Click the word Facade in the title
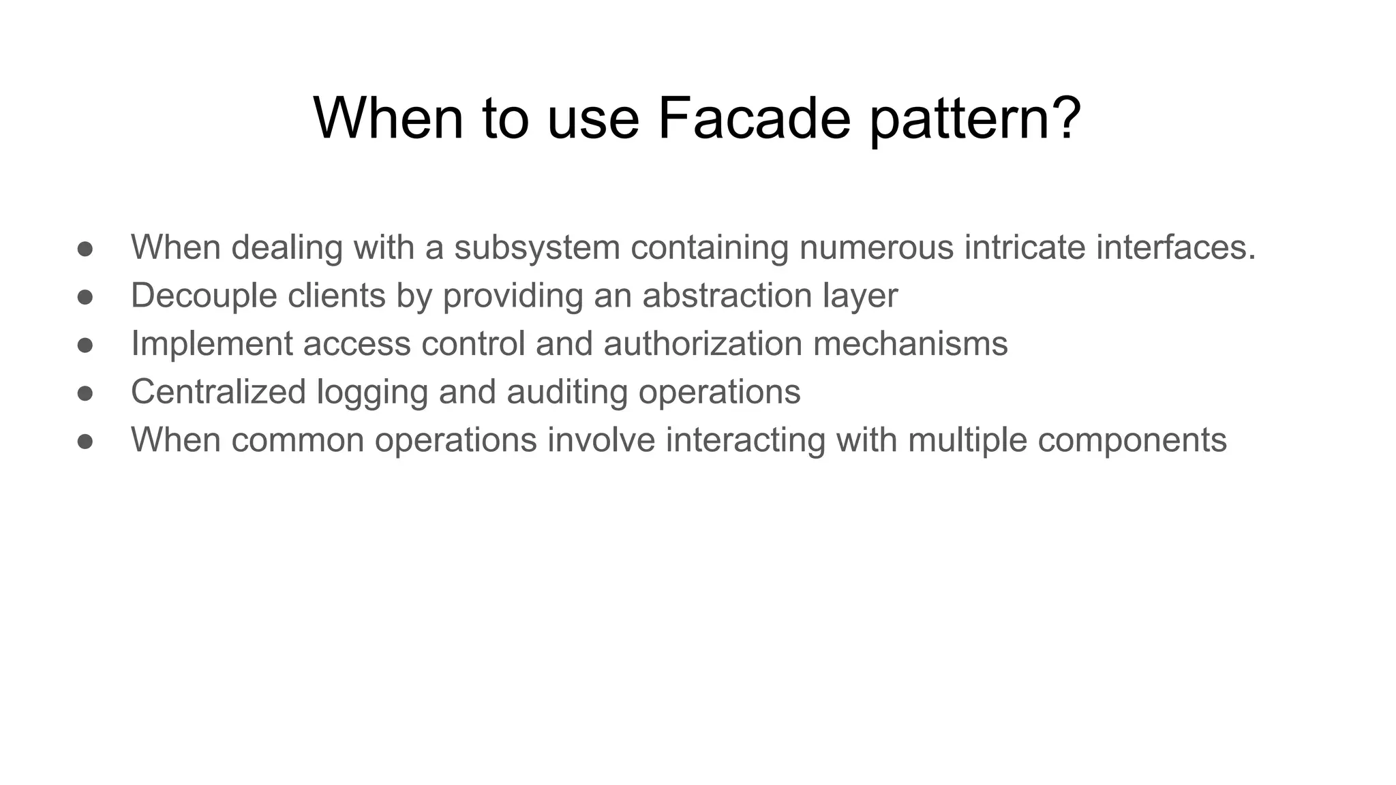(x=754, y=119)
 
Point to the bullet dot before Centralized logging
(x=85, y=393)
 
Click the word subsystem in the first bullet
(x=537, y=247)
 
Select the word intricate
(x=1024, y=247)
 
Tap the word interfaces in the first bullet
(x=1175, y=247)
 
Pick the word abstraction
(x=727, y=295)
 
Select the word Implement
(x=212, y=344)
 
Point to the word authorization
(x=703, y=343)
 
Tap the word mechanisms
(x=910, y=343)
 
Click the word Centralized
(x=218, y=392)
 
